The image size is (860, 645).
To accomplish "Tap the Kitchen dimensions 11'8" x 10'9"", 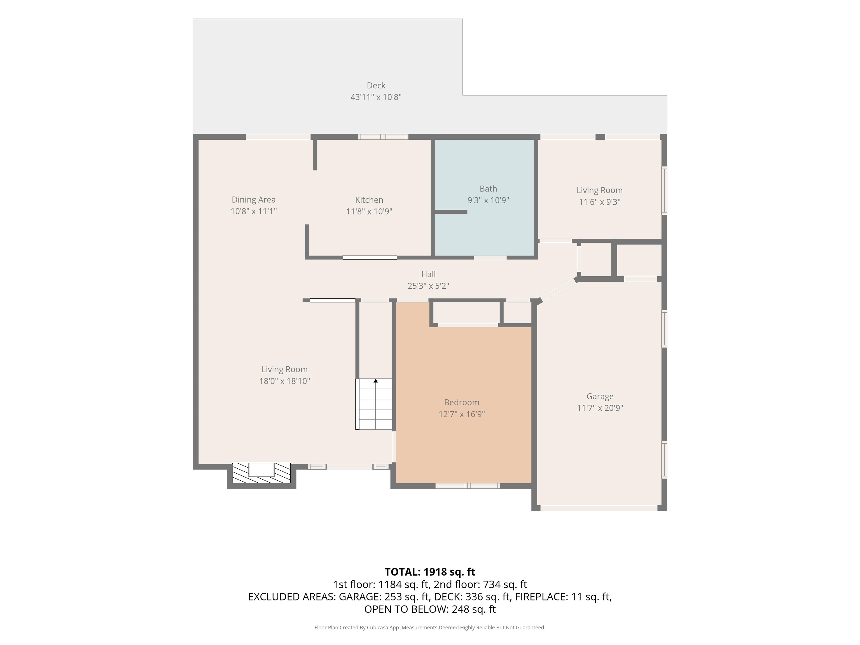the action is pos(369,212).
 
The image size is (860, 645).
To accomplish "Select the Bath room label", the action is pos(488,189).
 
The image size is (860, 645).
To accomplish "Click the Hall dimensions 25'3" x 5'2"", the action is pos(428,286).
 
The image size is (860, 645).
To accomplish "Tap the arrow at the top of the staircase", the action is pos(376,381).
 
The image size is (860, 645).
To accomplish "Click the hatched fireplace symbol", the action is pos(261,473).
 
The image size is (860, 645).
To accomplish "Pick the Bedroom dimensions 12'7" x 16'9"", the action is pos(461,414).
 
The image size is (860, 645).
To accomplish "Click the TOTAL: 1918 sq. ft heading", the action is pos(430,572).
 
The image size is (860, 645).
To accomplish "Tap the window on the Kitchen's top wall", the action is pos(383,137).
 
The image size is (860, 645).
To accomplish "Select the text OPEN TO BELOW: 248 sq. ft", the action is pos(430,609).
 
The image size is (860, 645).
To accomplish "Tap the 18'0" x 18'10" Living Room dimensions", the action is pos(285,381).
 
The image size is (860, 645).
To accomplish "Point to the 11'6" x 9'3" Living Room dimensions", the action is pos(600,202).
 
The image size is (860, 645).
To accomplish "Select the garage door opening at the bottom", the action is pos(599,508).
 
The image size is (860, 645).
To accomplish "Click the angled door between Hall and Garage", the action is pos(559,290).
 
